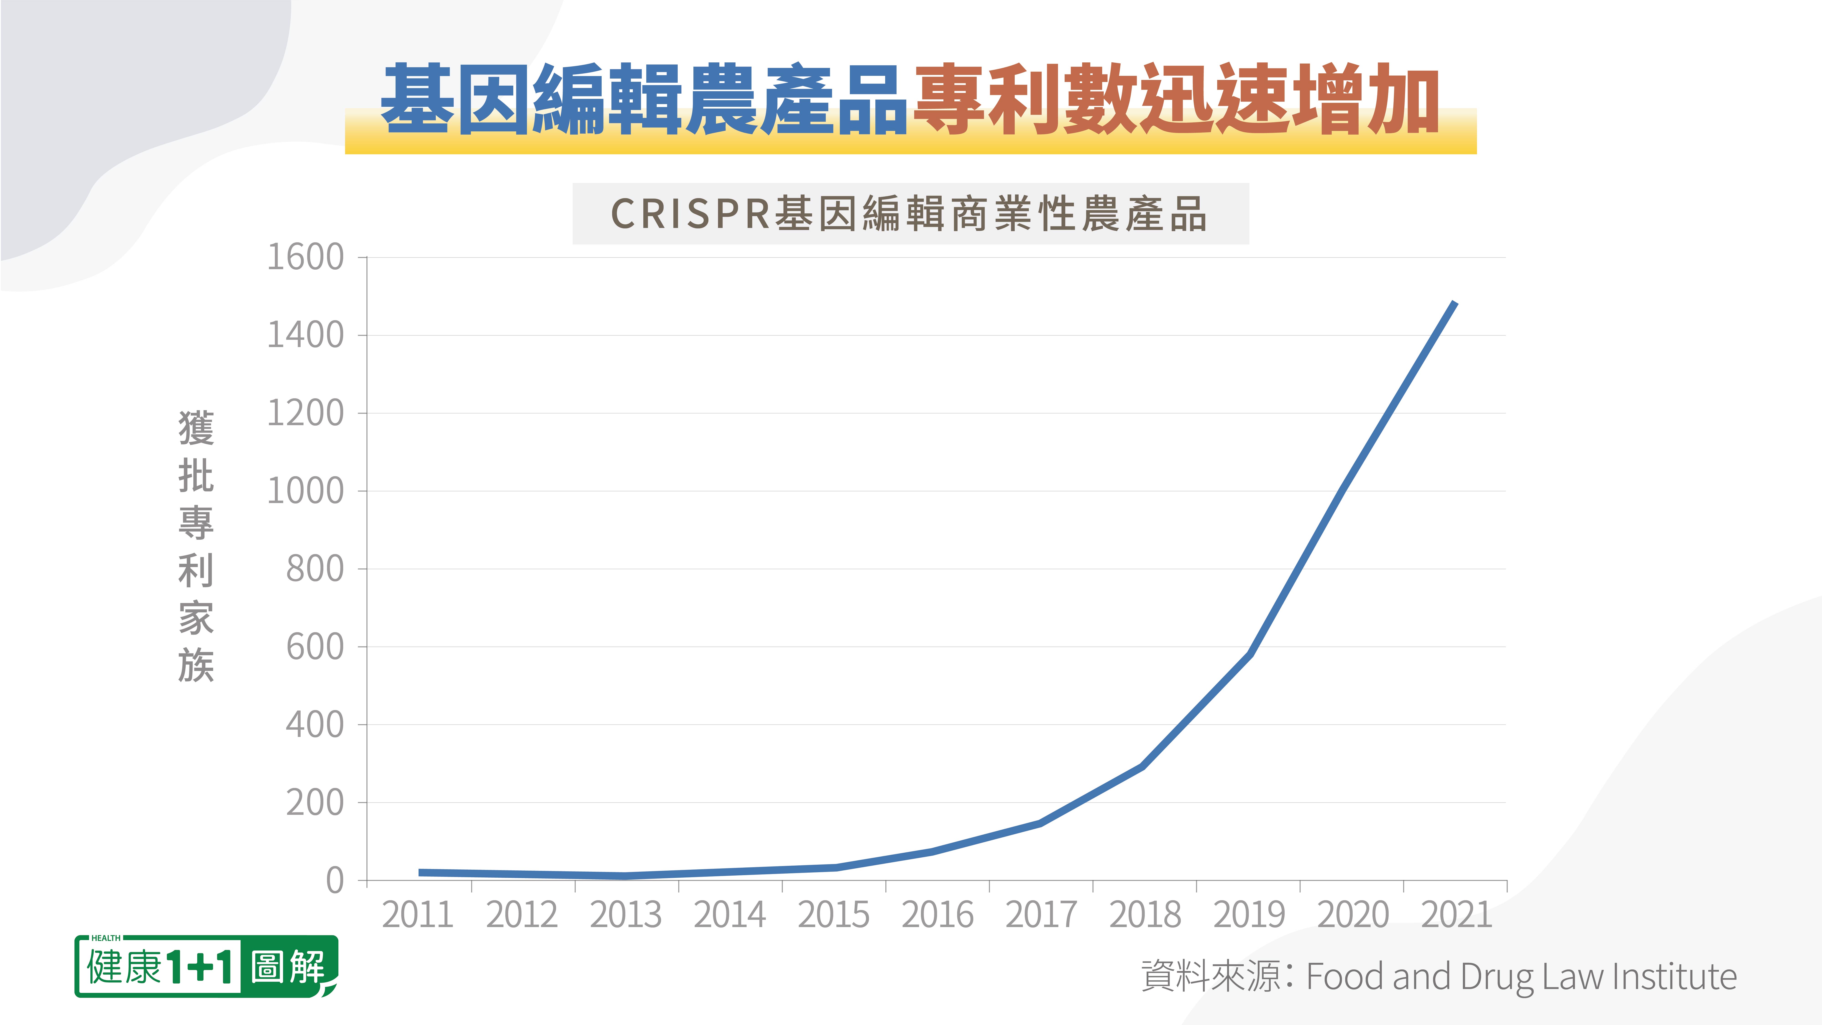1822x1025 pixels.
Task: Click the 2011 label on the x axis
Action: coord(417,915)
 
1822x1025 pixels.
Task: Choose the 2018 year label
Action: coord(1145,915)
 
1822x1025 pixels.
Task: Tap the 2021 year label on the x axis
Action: coord(1456,915)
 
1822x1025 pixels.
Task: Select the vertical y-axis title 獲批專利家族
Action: coord(196,546)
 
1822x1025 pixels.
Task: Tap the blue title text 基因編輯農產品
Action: coord(644,99)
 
